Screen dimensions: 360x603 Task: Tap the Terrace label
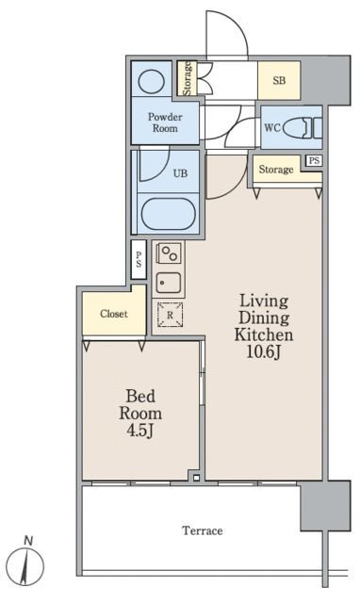coord(203,530)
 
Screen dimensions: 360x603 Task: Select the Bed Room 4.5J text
coord(140,414)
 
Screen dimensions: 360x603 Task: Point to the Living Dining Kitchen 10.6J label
coord(264,326)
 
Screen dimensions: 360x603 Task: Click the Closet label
coord(114,314)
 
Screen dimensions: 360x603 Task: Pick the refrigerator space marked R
coord(170,315)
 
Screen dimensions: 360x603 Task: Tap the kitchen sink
coord(168,283)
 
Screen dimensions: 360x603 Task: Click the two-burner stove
coord(169,253)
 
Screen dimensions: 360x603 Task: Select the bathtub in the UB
coord(168,214)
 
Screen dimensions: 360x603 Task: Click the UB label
coord(180,173)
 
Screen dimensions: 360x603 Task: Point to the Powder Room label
coord(165,122)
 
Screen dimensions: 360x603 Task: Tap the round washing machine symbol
coord(151,81)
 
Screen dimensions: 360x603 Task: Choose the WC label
coord(272,127)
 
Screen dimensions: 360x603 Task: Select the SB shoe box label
coord(279,80)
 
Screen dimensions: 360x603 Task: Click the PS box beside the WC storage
coord(314,160)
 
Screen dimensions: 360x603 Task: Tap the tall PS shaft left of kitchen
coord(139,260)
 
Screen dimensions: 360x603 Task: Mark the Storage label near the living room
coord(276,170)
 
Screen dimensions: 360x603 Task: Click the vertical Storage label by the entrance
coord(188,78)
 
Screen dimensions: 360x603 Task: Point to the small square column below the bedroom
coord(197,478)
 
